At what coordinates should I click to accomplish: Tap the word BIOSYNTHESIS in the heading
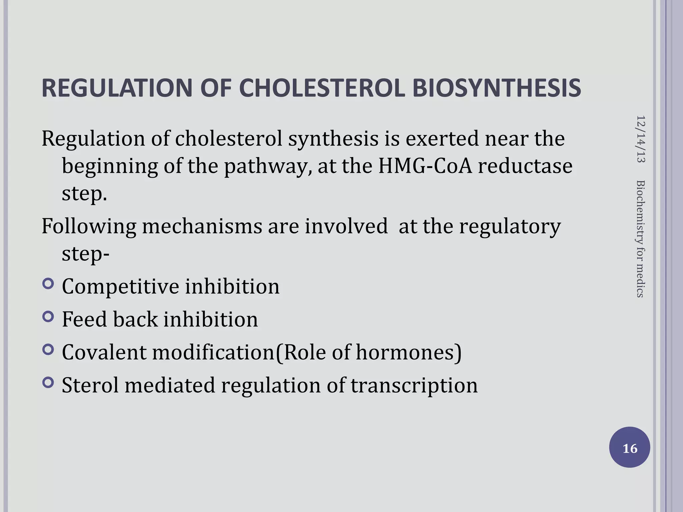pos(497,88)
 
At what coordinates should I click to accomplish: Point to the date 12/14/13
pos(641,139)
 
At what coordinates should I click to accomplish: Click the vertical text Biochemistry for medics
pos(641,239)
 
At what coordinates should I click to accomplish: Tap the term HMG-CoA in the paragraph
pos(425,166)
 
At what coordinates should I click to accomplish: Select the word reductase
pos(525,166)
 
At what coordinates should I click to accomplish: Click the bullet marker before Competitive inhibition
pos(48,284)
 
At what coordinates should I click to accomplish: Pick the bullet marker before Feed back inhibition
pos(48,317)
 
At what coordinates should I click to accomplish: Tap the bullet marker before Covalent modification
pos(48,350)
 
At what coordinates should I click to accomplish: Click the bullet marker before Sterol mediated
pos(48,383)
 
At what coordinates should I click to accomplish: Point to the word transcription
pos(414,386)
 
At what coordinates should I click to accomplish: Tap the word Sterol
pos(90,385)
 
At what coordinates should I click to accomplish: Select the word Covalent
pos(104,352)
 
